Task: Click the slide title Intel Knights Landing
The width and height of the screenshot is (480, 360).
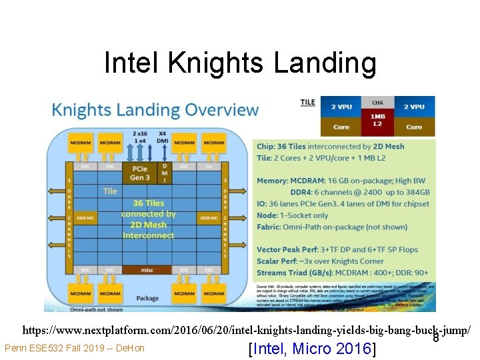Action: (240, 63)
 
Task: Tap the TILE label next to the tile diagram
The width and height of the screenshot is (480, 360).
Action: (307, 103)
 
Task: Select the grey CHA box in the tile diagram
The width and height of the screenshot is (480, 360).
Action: (377, 103)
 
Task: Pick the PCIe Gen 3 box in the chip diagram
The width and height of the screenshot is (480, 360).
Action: (140, 173)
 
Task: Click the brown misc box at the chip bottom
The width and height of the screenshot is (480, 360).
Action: (147, 270)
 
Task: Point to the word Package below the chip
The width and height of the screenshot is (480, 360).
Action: (147, 298)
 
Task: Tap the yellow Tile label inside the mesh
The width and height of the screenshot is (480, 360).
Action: (110, 191)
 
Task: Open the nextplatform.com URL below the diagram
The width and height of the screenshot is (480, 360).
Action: (246, 330)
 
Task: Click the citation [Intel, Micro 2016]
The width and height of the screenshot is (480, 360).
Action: (311, 349)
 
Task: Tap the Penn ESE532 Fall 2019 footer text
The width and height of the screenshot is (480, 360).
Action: (74, 348)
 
